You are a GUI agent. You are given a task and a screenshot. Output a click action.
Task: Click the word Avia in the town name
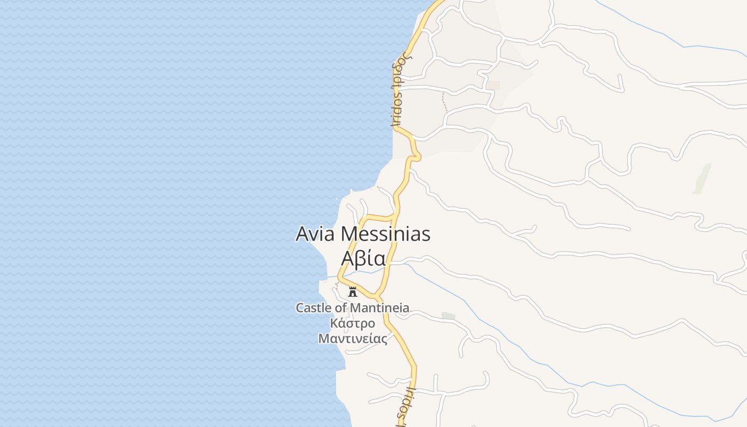coord(315,234)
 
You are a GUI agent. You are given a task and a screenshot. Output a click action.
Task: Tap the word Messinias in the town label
coord(385,234)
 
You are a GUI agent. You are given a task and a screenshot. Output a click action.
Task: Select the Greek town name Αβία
coord(363,258)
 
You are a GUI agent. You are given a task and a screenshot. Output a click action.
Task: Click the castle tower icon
coord(352,291)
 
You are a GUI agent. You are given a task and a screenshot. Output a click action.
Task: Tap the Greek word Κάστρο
coord(352,323)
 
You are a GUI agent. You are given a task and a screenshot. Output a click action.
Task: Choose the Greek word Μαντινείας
coord(352,338)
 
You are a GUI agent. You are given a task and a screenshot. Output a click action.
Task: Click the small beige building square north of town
coord(494,85)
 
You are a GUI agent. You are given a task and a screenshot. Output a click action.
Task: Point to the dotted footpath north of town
coord(444,101)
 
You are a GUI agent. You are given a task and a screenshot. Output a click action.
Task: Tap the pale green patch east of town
coord(703,178)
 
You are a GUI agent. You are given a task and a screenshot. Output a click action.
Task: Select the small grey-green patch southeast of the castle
coord(448,316)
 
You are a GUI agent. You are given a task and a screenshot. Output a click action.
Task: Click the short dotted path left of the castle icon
coord(337,286)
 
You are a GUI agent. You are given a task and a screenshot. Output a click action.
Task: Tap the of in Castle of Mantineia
coord(341,308)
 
